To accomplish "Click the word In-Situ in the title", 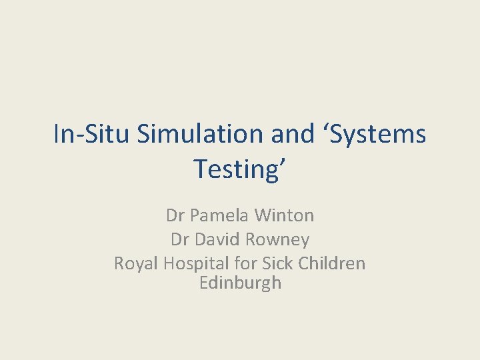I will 92,135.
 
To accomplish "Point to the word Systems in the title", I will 378,135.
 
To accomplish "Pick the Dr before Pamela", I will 176,215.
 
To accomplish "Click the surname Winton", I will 285,215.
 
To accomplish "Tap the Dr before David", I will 181,239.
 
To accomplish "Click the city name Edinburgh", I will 240,283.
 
